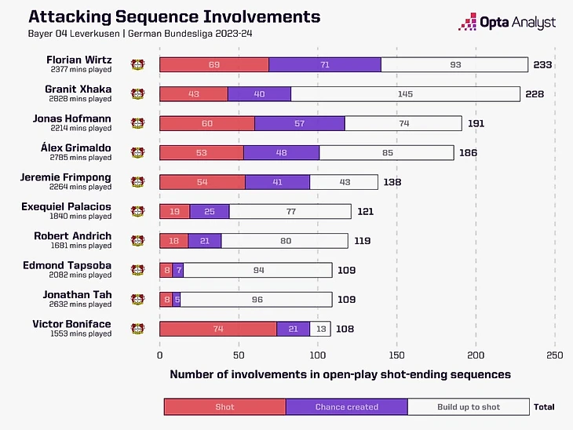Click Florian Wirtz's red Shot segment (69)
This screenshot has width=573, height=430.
214,64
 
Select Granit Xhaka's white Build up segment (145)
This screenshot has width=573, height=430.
405,94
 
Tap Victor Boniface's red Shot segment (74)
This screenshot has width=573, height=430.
218,329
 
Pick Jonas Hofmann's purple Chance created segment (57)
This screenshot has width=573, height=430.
300,123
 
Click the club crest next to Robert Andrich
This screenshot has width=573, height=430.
138,241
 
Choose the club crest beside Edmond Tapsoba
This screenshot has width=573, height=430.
138,270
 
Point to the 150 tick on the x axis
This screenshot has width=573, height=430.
397,354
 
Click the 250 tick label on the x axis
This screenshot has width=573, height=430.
555,354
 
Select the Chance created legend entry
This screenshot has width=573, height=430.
346,406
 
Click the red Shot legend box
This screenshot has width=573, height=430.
224,406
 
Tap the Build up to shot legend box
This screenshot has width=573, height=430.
469,406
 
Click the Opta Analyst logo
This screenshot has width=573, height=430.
507,22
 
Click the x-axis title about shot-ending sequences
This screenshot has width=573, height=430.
340,374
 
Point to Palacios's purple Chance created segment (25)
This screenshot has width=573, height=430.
210,211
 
